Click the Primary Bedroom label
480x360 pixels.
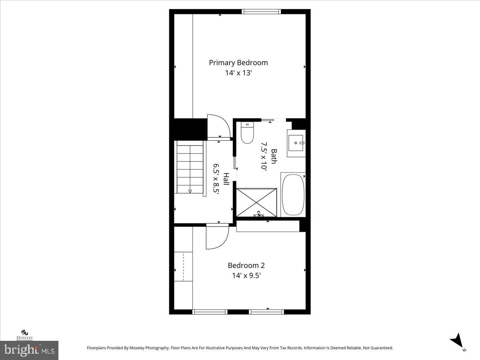(x=238, y=62)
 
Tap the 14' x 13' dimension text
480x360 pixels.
(x=238, y=73)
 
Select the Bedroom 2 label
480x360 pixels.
(x=246, y=265)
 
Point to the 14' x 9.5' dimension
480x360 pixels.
(x=246, y=276)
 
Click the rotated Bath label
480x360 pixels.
(x=274, y=156)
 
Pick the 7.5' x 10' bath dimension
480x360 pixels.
(x=264, y=156)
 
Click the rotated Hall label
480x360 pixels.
(x=226, y=179)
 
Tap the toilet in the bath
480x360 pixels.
(x=248, y=133)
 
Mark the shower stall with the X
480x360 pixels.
(x=256, y=202)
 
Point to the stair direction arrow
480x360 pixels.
(x=190, y=191)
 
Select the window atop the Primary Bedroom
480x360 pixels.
(x=262, y=12)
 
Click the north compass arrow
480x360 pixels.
(x=457, y=341)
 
